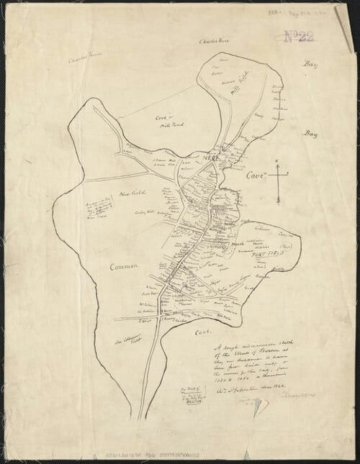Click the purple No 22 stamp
(x=297, y=37)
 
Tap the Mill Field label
(x=238, y=87)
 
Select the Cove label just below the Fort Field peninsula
(x=203, y=332)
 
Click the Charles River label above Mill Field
(x=214, y=42)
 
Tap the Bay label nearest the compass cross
(x=310, y=134)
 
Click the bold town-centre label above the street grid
(x=210, y=157)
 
